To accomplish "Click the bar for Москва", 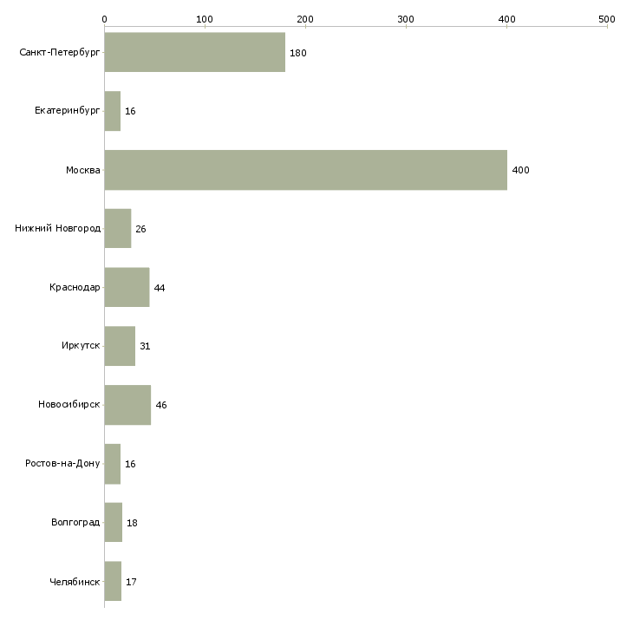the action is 305,170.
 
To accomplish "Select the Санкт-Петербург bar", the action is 194,52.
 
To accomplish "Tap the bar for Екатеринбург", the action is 112,111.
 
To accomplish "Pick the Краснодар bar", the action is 127,287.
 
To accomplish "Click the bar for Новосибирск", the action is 127,405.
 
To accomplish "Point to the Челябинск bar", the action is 113,581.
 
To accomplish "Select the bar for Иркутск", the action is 120,346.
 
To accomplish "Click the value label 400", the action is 520,170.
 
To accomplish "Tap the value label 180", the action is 298,53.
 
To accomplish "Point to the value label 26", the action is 140,229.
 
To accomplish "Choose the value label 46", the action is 161,405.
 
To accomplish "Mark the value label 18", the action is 132,523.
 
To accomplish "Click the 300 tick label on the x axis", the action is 406,19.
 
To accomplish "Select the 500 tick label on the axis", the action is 607,19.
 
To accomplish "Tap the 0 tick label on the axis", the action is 104,19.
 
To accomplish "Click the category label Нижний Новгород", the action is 57,229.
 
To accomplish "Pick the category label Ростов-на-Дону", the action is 62,463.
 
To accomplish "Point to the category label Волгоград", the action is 75,522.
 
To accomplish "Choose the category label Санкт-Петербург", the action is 59,53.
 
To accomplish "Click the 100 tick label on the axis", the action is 205,19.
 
